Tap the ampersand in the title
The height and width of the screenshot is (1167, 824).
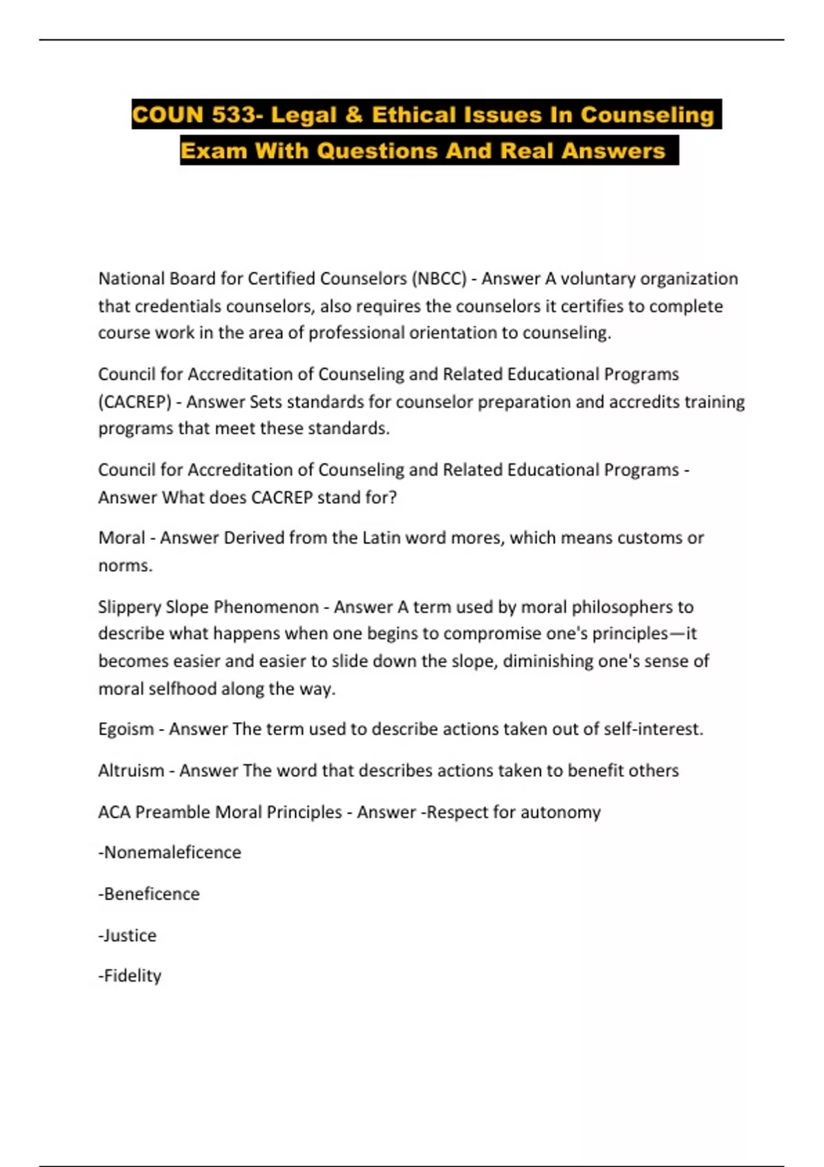(354, 115)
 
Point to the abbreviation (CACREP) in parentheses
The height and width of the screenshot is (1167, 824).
(135, 402)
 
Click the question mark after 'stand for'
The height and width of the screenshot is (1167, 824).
(392, 497)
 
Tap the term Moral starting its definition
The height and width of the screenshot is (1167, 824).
(122, 538)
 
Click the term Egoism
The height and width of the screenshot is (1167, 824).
(126, 729)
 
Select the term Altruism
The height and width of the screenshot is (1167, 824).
(131, 770)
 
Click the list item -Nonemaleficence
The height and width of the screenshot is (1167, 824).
(170, 853)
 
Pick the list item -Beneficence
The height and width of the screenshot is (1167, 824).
(149, 894)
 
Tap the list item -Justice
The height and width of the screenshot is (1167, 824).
(128, 935)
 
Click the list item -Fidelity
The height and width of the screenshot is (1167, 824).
(130, 975)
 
